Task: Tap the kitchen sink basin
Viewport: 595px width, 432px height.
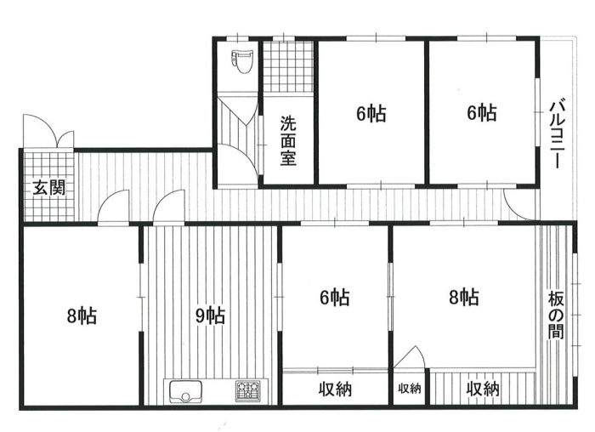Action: pos(186,391)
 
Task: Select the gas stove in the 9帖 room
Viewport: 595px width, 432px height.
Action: pos(248,390)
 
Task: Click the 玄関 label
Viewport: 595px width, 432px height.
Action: pos(48,188)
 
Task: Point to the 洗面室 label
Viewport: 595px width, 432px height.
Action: pos(288,140)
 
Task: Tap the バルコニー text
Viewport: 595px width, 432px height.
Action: pos(557,134)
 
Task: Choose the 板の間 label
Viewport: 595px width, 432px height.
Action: pos(556,315)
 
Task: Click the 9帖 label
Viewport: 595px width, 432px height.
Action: pos(210,315)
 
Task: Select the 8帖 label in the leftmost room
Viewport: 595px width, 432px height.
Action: pos(82,315)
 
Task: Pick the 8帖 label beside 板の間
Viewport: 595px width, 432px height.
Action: pos(464,298)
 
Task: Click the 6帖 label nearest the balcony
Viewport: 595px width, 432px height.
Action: pos(482,113)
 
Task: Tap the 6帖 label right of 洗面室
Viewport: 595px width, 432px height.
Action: pos(371,113)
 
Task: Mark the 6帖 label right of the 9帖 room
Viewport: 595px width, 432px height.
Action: pos(335,298)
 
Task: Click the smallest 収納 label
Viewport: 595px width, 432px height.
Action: pos(410,389)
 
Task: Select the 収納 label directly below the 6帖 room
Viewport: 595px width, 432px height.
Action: pos(335,389)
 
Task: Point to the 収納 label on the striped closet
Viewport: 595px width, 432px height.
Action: pos(483,389)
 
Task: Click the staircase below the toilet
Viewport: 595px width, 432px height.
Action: pos(238,122)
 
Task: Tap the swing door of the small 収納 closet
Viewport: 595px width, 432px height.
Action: pos(410,357)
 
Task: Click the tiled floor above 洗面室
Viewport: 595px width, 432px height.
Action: pos(288,66)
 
